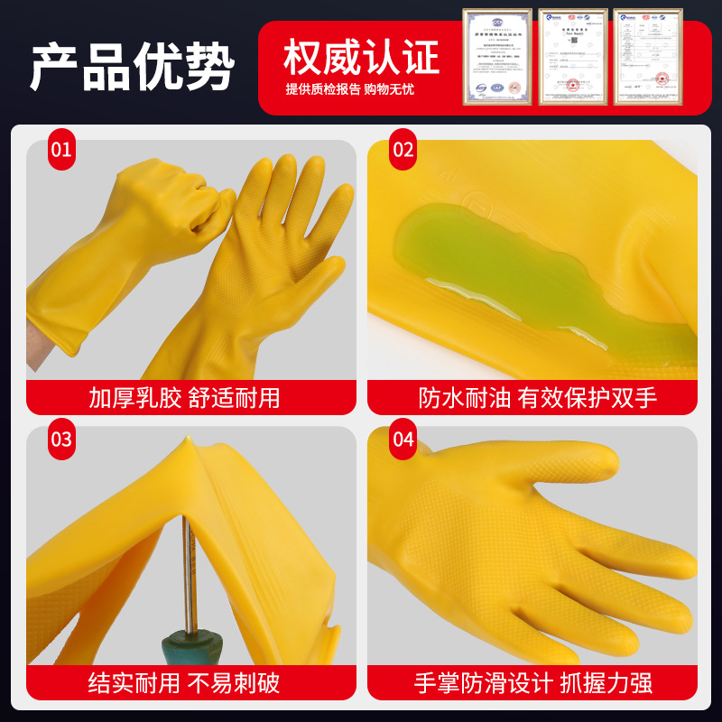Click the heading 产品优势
click(x=132, y=66)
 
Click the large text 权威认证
click(x=361, y=57)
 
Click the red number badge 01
click(x=61, y=150)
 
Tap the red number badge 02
click(x=403, y=150)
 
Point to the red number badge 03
click(x=61, y=440)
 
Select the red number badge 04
click(x=403, y=440)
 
